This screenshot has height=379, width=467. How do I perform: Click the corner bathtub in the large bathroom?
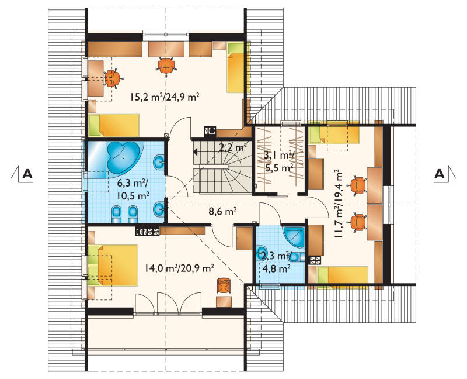(x=123, y=157)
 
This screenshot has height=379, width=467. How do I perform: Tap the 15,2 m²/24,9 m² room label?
(x=165, y=97)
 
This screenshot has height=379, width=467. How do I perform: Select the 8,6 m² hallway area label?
(x=222, y=212)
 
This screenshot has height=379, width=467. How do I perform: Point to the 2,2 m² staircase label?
(x=233, y=147)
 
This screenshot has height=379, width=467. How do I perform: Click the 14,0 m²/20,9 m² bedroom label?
(x=179, y=268)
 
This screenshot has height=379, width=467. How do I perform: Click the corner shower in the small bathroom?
(x=294, y=237)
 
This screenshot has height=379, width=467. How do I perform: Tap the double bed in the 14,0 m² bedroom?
(x=113, y=265)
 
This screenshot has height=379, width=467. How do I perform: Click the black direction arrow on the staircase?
(x=196, y=152)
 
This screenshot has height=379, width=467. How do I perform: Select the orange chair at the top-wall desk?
(x=166, y=66)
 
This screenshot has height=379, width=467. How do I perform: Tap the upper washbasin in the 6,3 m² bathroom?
(x=158, y=162)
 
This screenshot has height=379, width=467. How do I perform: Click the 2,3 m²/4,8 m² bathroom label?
(x=276, y=263)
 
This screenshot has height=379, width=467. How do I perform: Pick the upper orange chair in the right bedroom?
(x=358, y=185)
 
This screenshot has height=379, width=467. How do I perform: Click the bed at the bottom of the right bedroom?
(x=343, y=274)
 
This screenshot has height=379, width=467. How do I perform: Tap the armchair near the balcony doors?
(x=224, y=285)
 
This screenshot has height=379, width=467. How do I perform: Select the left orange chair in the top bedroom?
(x=113, y=78)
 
